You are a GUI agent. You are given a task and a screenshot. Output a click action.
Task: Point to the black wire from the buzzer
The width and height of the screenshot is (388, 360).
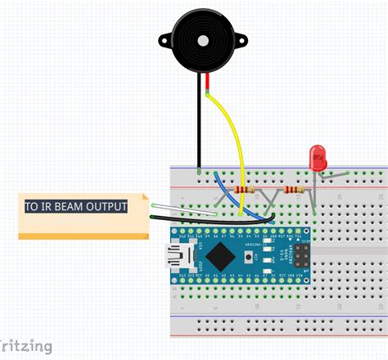[x=197, y=123]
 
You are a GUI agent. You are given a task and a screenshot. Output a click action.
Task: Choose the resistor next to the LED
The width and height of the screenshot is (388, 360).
[x=293, y=191]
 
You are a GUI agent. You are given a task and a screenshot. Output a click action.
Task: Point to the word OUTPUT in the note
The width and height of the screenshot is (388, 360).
[x=107, y=206]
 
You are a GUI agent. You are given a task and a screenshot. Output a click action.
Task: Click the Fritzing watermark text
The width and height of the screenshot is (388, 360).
[x=25, y=346]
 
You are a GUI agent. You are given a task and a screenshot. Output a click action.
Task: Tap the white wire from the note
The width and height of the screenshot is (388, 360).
[x=180, y=211]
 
